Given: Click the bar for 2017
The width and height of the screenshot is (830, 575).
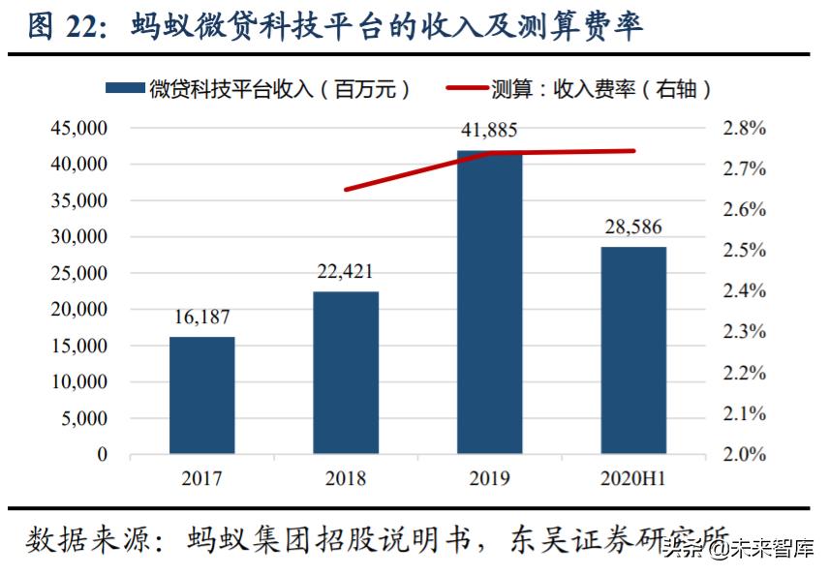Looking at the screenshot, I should (x=201, y=395).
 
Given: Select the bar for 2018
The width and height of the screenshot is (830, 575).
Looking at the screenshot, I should (x=346, y=373).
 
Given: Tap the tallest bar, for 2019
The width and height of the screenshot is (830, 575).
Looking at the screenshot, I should (x=489, y=302).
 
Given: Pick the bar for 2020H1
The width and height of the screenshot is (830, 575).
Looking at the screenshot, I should (x=633, y=350).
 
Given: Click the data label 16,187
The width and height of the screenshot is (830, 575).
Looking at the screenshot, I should (x=201, y=318).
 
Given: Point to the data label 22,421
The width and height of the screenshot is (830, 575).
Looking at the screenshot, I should (x=345, y=272).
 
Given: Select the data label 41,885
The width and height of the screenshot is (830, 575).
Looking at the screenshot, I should (x=489, y=130).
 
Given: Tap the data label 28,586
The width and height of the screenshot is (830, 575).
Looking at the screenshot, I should (x=633, y=227).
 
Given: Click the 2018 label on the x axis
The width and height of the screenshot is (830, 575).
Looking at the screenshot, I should (x=346, y=478).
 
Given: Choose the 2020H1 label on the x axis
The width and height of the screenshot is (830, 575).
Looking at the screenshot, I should (x=633, y=478).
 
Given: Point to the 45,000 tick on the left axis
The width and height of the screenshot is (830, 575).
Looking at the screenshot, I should (x=76, y=128).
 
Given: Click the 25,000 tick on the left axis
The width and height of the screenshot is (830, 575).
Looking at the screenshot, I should (x=76, y=273).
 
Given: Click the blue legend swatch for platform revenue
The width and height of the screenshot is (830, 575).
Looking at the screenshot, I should (x=125, y=89).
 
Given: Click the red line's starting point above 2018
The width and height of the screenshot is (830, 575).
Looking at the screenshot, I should (x=346, y=190).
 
